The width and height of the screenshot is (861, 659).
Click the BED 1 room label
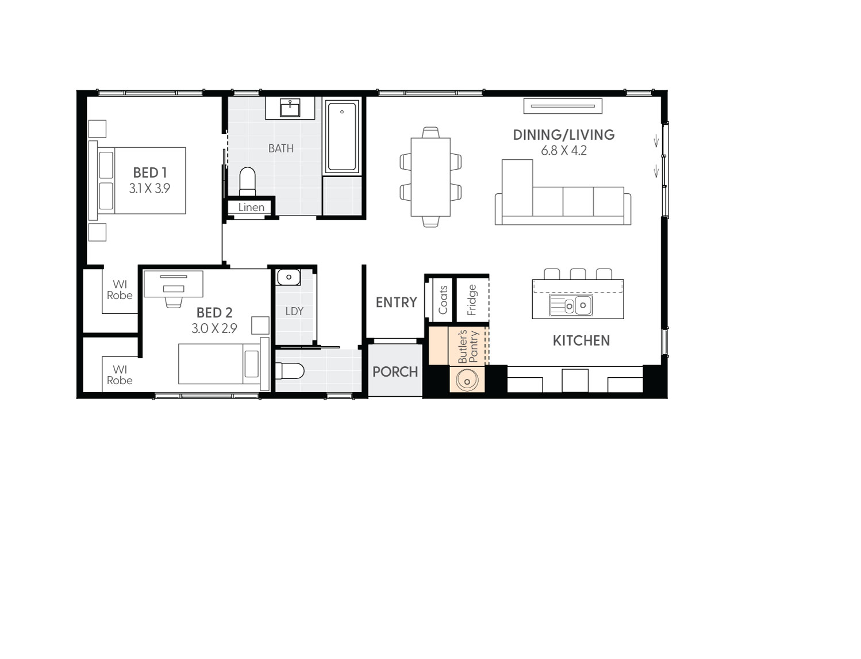click(x=149, y=173)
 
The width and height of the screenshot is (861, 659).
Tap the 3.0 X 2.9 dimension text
click(x=214, y=328)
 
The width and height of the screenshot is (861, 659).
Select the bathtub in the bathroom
click(x=342, y=137)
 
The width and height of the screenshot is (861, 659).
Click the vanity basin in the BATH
click(x=290, y=108)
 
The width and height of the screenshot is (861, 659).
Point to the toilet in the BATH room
click(x=247, y=181)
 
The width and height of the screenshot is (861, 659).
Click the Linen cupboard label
click(x=251, y=208)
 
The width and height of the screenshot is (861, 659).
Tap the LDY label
click(x=294, y=311)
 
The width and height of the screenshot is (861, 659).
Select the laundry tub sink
click(x=289, y=277)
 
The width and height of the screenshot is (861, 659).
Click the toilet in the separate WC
click(x=290, y=371)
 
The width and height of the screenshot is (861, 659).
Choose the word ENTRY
click(x=396, y=302)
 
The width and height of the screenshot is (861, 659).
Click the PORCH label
click(x=395, y=372)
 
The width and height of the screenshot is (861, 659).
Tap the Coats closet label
click(x=443, y=300)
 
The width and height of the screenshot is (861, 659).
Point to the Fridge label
click(x=472, y=300)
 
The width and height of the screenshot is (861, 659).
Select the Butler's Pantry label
click(x=468, y=346)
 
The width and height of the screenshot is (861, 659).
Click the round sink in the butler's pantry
click(x=467, y=380)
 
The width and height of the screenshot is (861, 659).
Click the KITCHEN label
click(x=581, y=340)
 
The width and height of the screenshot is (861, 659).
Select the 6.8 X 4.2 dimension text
click(x=563, y=151)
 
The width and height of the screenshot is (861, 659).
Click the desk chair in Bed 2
click(x=173, y=301)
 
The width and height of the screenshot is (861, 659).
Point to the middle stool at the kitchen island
click(x=578, y=274)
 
